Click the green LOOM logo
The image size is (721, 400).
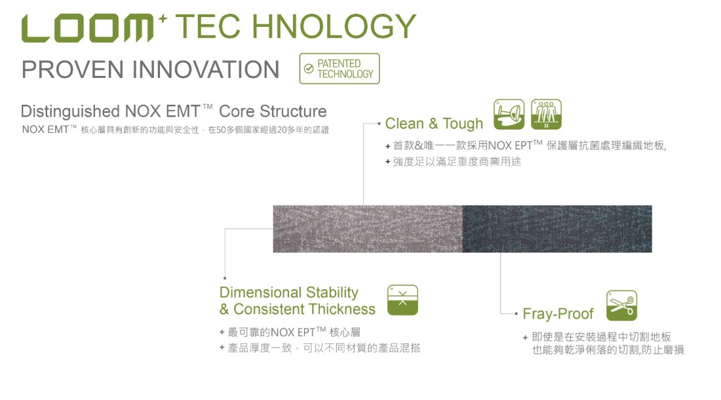87,28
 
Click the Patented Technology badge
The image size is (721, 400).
340,69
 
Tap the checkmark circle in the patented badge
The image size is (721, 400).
309,69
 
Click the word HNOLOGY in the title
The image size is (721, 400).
334,26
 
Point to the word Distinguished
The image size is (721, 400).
70,111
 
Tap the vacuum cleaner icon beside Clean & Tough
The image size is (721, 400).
509,115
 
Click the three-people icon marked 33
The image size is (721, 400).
546,115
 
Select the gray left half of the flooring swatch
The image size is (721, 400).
368,228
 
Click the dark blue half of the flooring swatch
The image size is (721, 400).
557,228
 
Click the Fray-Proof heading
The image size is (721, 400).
558,314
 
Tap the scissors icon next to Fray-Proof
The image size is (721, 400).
621,305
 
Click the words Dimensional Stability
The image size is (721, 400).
289,292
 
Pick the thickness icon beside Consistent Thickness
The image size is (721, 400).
403,300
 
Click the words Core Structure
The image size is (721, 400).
273,111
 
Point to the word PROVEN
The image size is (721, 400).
73,69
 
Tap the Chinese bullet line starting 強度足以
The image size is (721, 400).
454,162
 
